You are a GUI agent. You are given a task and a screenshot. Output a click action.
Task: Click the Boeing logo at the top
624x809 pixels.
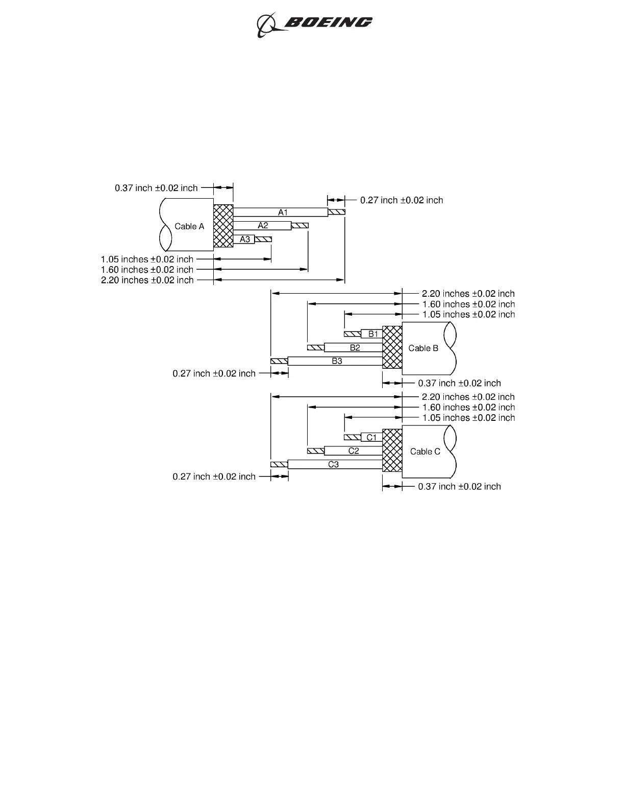click(x=314, y=23)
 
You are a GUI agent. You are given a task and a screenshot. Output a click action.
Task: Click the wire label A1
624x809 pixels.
click(x=283, y=212)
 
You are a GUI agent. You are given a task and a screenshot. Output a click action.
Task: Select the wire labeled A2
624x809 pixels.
click(x=263, y=226)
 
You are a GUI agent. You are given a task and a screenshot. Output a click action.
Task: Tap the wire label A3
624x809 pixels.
click(x=245, y=239)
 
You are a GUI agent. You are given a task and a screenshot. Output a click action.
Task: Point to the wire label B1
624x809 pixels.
click(x=373, y=334)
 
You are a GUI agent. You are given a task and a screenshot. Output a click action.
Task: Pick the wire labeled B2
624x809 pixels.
click(x=355, y=348)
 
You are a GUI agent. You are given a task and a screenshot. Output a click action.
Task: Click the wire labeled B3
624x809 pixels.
click(x=337, y=361)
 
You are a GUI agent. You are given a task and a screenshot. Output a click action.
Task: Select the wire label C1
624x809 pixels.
click(x=372, y=437)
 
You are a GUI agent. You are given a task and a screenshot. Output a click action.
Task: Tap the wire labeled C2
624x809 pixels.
click(x=354, y=451)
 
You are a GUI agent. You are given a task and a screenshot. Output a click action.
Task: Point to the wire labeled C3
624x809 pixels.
click(x=333, y=464)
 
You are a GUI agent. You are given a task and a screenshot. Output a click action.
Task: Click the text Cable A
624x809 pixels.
click(x=189, y=226)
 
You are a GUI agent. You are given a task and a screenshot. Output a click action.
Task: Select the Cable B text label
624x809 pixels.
click(x=423, y=348)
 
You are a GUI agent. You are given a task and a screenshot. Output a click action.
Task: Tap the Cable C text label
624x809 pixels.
click(x=425, y=451)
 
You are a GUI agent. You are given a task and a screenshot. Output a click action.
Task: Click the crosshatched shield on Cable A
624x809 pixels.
click(x=223, y=226)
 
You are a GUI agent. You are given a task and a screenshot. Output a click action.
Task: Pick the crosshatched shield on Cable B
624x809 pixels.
click(x=392, y=347)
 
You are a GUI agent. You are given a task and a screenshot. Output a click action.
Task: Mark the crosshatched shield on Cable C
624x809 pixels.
click(x=392, y=450)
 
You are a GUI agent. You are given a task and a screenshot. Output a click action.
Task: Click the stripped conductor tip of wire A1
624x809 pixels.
click(x=337, y=212)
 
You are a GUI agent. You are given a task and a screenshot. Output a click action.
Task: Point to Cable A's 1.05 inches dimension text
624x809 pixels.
click(x=147, y=259)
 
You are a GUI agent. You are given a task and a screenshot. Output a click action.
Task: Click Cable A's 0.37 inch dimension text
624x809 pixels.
click(x=156, y=188)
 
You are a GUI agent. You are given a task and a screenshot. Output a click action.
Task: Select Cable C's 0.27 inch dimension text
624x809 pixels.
click(x=214, y=477)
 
